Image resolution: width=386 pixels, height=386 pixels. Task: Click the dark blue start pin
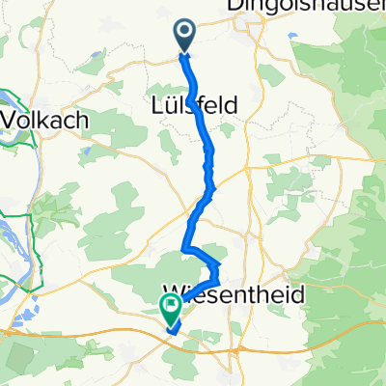coord(184,37)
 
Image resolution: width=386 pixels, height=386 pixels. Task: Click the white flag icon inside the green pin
coord(172,308)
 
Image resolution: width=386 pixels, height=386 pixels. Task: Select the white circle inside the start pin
coord(184,33)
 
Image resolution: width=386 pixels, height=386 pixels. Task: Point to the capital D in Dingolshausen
coord(234,8)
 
